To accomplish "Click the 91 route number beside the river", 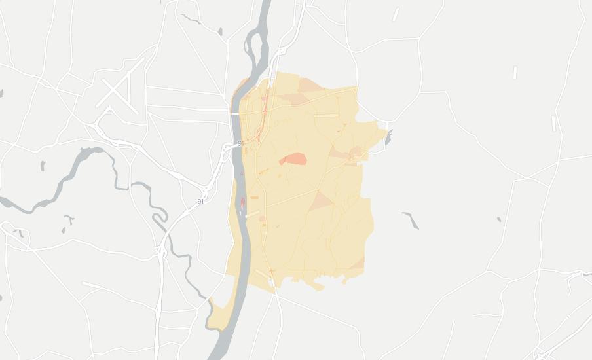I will click(x=240, y=143).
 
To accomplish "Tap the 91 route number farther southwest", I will click(x=200, y=201).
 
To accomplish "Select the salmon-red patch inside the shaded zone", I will click(x=294, y=159).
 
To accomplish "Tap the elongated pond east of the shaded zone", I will click(x=411, y=221).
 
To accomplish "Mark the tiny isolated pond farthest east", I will click(x=499, y=219).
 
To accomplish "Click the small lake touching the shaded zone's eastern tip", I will click(x=388, y=137).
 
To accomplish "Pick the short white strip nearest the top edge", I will click(x=396, y=14).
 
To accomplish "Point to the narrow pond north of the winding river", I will click(x=43, y=166).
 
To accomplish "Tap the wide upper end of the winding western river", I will click(x=89, y=154).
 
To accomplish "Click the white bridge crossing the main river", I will click(x=234, y=114).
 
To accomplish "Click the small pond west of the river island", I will click(x=220, y=31).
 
